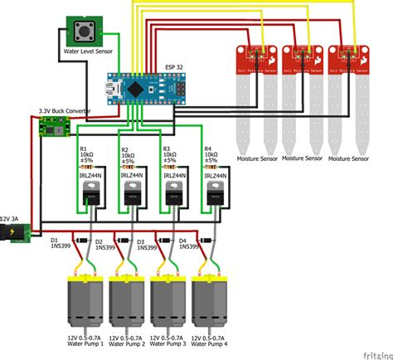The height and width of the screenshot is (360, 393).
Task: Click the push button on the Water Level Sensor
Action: point(84,32)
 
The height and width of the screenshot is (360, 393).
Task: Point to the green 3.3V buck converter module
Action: point(51,127)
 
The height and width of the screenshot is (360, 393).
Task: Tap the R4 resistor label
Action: point(208,149)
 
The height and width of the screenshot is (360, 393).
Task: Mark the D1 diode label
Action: point(55,240)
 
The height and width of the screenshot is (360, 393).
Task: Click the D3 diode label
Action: point(140,241)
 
